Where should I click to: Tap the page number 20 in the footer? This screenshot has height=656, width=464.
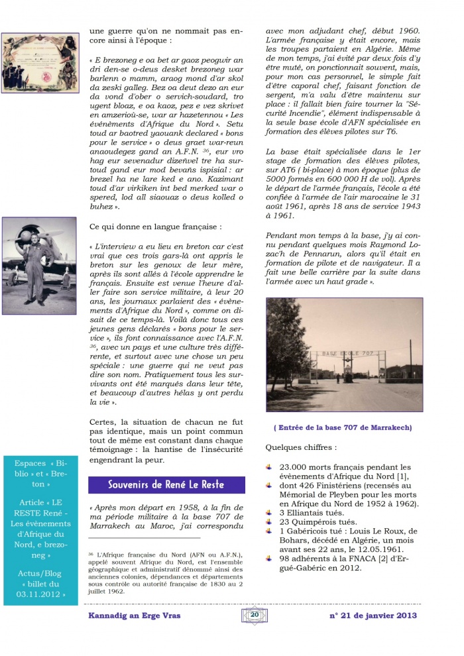255,616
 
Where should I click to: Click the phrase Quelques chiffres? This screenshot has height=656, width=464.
298,447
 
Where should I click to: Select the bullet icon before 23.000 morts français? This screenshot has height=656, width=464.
268,467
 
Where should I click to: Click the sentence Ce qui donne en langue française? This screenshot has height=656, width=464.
155,227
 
